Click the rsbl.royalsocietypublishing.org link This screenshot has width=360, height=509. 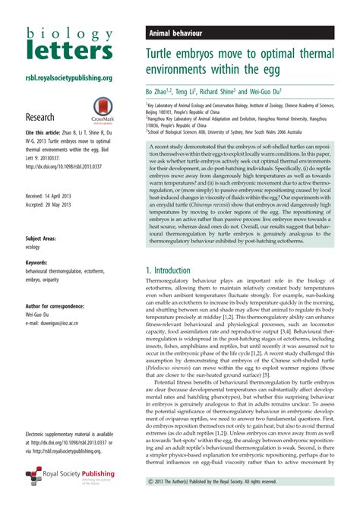(69, 77)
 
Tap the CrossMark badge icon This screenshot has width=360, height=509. (103, 110)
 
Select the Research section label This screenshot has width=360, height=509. (39, 118)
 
